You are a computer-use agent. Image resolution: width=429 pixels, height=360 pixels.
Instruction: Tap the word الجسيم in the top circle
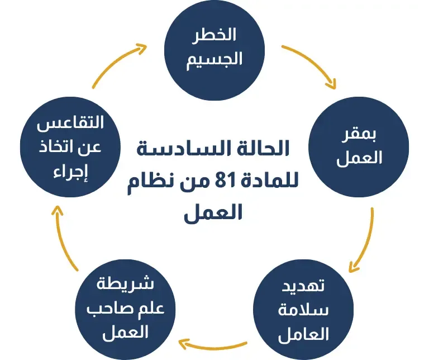214,58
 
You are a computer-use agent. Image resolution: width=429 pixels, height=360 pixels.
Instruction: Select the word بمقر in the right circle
360,135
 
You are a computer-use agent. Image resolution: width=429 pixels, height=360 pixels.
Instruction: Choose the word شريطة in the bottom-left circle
126,283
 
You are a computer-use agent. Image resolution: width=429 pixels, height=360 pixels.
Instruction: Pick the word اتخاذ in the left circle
59,147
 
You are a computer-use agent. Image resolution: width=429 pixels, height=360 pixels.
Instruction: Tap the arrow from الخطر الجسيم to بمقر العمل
313,64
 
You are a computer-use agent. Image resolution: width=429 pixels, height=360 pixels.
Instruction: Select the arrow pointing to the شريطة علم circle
212,342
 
